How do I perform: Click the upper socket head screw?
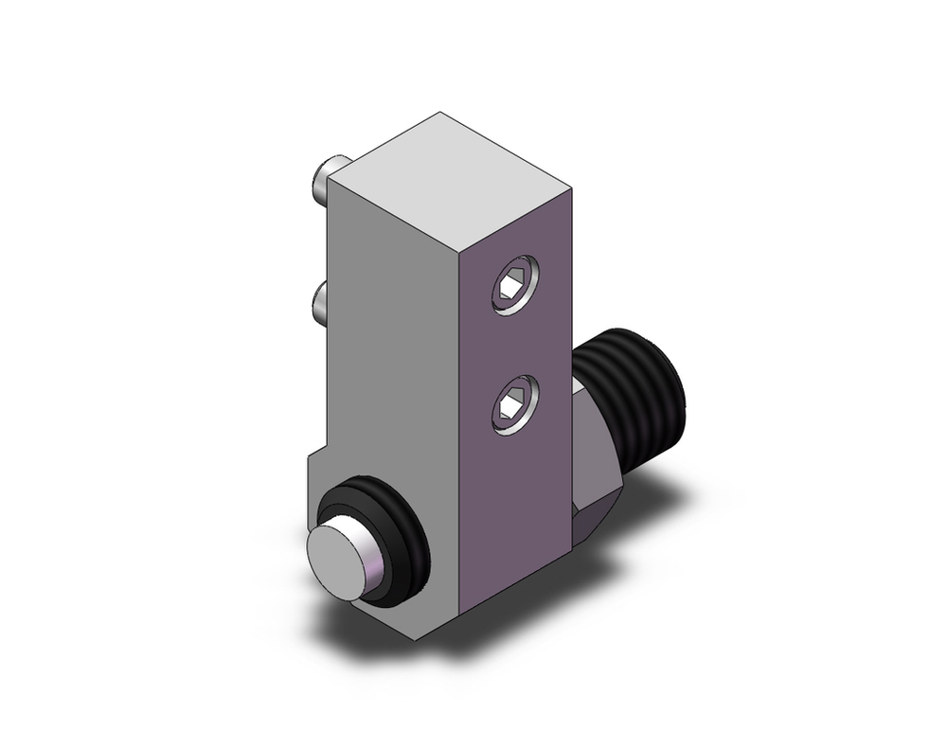coord(513,285)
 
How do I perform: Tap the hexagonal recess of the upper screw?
coord(511,284)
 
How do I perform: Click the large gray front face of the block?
coord(393,360)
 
